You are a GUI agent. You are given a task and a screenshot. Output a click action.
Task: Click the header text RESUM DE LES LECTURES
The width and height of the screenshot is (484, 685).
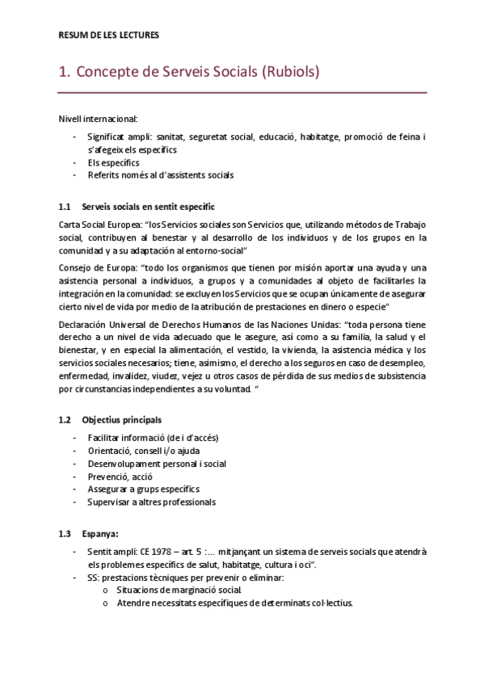pos(109,35)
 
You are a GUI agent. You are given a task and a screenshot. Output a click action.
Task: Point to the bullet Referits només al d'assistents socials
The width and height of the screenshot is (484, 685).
pos(161,174)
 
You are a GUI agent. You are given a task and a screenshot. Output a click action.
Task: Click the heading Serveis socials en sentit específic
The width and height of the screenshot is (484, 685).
pos(148,206)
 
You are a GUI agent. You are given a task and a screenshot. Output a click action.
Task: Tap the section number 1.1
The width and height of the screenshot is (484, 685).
pos(66,206)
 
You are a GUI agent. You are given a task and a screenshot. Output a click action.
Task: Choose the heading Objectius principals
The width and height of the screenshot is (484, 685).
pos(121,419)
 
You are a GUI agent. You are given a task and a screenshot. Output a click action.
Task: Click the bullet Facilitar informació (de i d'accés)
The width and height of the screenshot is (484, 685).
pos(153,437)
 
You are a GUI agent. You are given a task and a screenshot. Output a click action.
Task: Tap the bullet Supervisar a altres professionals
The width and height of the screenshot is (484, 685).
pos(151,502)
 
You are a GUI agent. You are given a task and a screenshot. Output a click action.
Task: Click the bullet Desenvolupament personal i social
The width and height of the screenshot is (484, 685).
pos(156,463)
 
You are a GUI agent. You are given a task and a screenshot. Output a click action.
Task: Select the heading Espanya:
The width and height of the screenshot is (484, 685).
pos(99,533)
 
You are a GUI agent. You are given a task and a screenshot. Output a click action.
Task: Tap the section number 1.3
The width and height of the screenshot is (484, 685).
pos(66,533)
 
